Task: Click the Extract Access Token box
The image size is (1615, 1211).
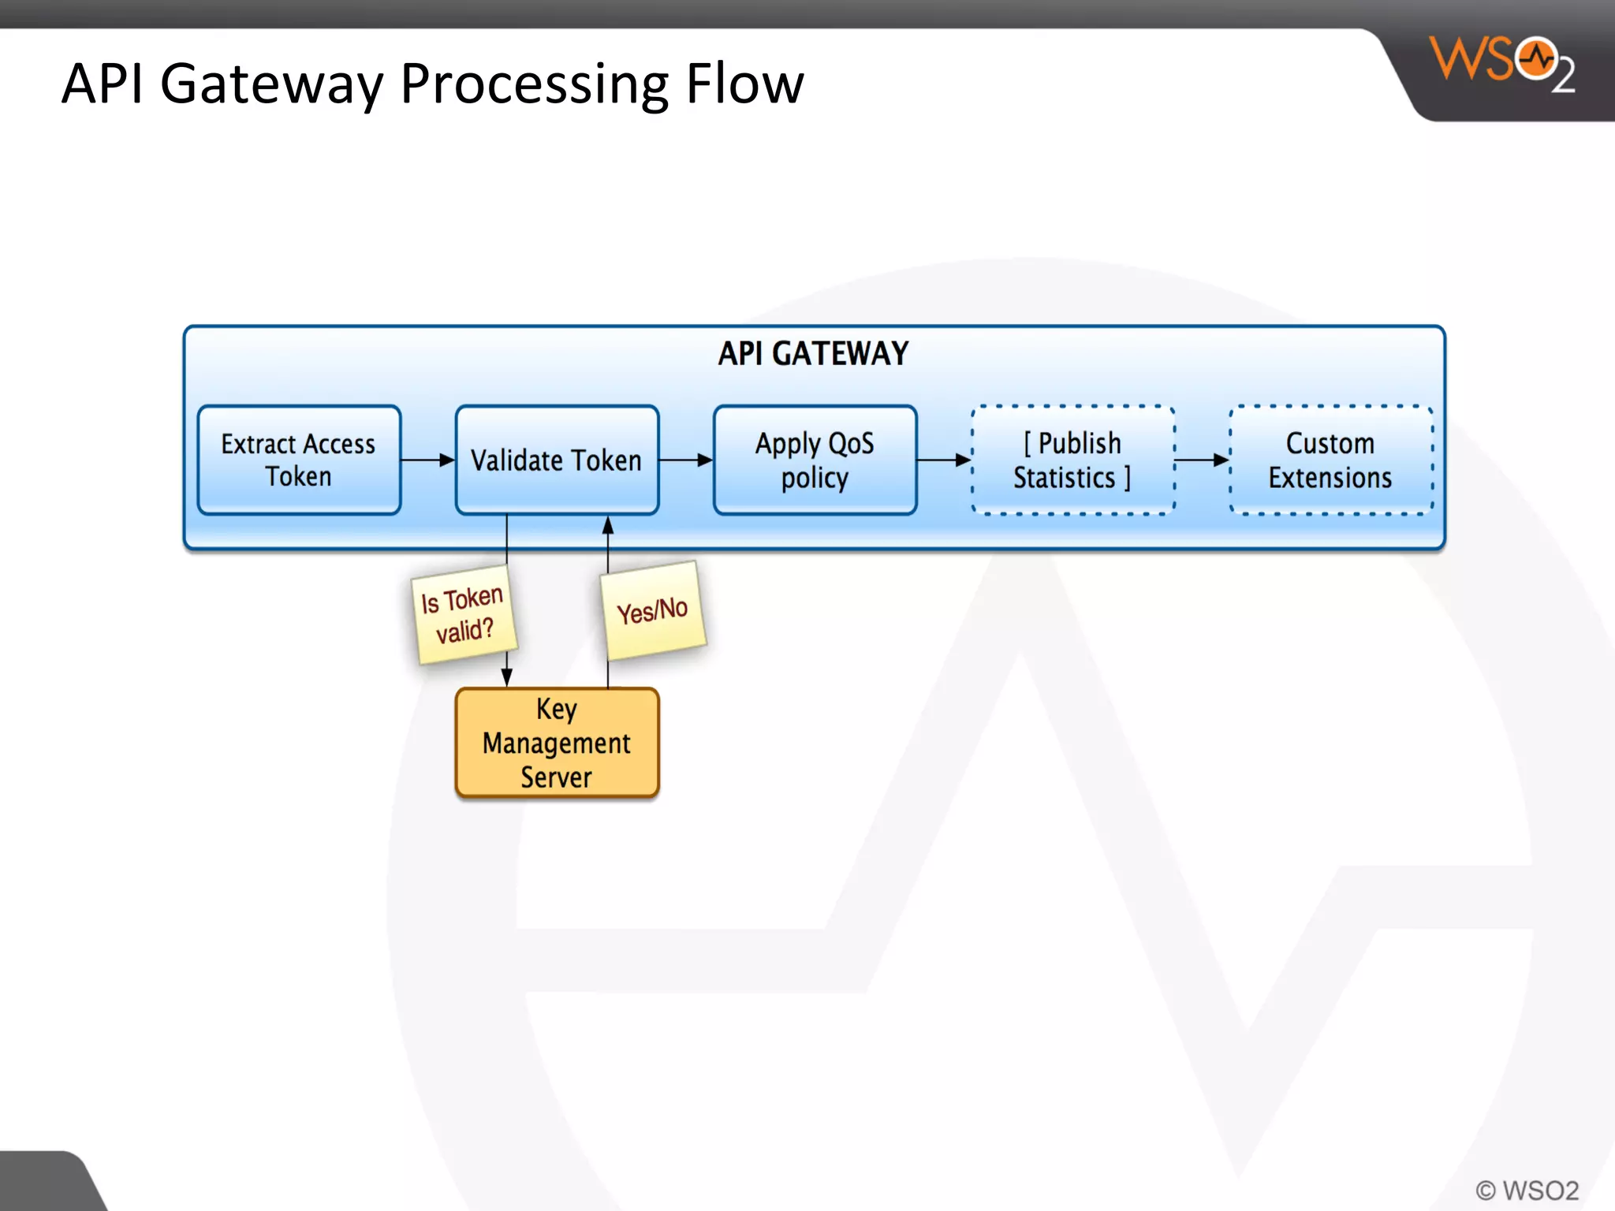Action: (x=299, y=460)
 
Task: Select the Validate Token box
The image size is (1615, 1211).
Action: (x=557, y=460)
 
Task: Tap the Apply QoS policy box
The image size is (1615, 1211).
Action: (x=815, y=460)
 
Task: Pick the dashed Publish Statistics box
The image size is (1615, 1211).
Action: (x=1072, y=460)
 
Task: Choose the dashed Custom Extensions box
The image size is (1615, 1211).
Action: (x=1330, y=460)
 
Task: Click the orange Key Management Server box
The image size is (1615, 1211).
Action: (x=557, y=743)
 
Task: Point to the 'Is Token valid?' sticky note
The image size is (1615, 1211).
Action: (x=464, y=614)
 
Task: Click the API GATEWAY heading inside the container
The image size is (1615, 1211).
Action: (x=813, y=353)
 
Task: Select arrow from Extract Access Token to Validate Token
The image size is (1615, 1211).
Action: (x=427, y=460)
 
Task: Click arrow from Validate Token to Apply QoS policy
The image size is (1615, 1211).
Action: (x=685, y=460)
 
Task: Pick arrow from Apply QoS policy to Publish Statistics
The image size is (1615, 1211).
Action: (x=944, y=460)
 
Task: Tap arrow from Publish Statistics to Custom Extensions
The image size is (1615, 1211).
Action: (x=1202, y=460)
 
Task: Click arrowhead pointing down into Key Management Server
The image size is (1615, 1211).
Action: (x=507, y=676)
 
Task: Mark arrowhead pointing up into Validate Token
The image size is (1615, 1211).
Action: (x=608, y=526)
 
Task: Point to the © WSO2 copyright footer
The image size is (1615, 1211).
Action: (x=1527, y=1190)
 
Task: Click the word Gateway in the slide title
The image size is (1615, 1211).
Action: (x=271, y=84)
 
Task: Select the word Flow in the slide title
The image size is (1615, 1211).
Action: (x=744, y=84)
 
